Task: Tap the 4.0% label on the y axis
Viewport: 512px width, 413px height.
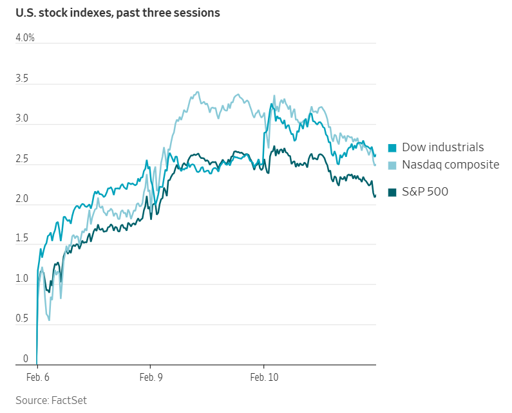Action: pos(25,38)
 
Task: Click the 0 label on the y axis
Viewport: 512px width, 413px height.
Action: pos(26,358)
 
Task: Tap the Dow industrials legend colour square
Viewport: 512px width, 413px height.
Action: pos(393,147)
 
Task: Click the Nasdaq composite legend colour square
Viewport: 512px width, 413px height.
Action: pos(393,165)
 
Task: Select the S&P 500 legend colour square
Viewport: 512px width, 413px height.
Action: pos(393,191)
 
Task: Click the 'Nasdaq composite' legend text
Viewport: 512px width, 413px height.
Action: pos(450,165)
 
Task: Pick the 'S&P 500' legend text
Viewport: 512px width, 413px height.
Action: pos(425,191)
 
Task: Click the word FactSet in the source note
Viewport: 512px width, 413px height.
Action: pos(68,400)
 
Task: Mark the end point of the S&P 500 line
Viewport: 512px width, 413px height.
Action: pos(375,196)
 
